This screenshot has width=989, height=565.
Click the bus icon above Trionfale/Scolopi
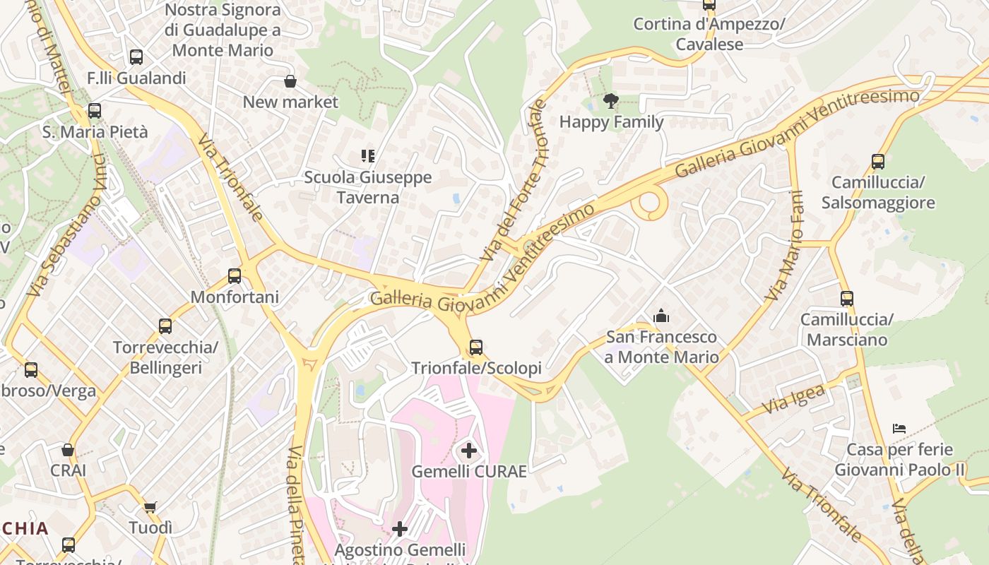476,347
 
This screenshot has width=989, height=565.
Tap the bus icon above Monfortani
235,276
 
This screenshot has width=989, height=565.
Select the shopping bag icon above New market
290,81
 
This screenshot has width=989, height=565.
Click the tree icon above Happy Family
611,101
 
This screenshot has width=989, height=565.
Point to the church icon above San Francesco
661,315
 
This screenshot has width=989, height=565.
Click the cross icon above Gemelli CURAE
468,450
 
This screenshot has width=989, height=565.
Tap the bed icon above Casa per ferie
899,429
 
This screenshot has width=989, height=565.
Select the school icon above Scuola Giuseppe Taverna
367,156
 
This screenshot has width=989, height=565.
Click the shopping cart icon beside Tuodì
150,507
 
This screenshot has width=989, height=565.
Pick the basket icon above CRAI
68,450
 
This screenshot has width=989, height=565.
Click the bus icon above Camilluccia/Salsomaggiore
878,162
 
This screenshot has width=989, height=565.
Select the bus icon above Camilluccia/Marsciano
847,299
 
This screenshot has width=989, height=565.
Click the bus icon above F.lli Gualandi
136,57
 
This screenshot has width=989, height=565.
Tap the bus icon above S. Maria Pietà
95,111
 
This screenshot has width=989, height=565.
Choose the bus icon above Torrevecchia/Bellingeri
165,326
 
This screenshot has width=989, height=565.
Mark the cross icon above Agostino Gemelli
400,528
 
